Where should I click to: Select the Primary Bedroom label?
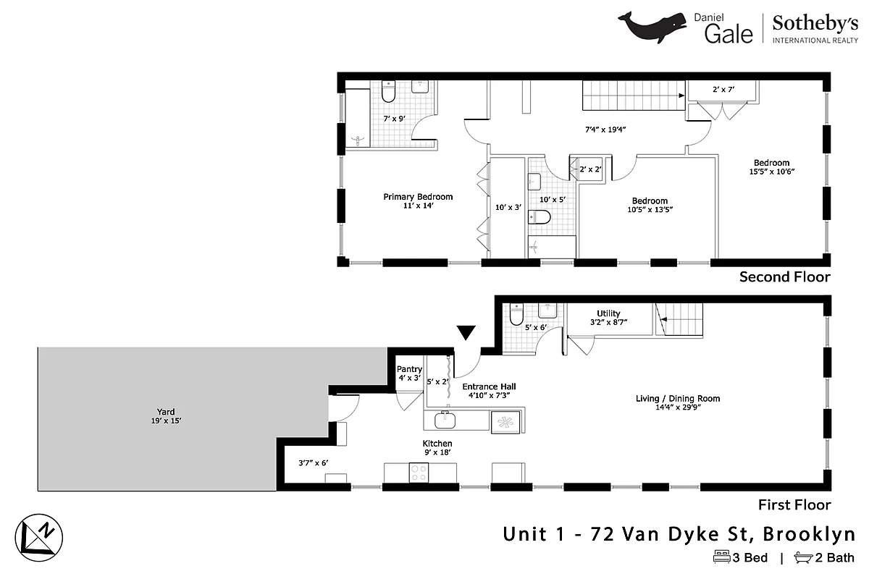418,197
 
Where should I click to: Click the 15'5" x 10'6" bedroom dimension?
771,172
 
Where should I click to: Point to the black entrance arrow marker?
466,333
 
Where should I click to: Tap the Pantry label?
409,369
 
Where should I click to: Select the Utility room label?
608,313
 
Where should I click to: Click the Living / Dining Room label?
678,398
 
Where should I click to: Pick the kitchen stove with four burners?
419,473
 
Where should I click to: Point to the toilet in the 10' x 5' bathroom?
540,216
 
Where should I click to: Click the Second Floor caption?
784,276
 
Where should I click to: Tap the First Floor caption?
794,504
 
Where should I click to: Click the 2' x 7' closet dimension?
723,90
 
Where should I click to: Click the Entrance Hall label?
489,386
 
